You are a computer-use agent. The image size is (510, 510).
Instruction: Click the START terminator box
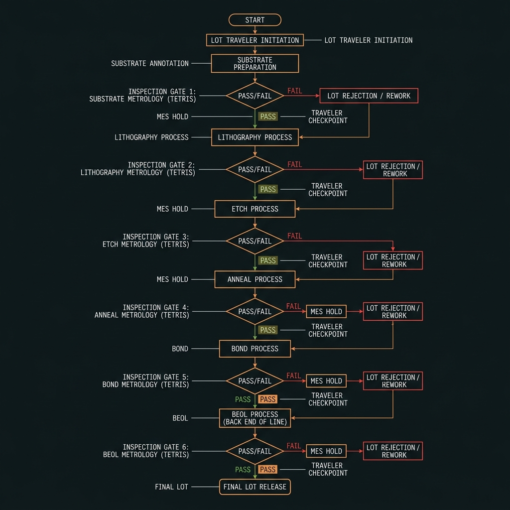click(255, 20)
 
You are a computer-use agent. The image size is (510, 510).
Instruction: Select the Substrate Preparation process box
click(255, 63)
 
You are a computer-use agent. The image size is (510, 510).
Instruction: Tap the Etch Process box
click(255, 209)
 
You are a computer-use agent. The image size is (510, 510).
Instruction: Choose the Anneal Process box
click(255, 279)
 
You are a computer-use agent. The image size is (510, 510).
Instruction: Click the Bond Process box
click(255, 349)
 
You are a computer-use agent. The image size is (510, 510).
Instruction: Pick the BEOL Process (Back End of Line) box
click(255, 418)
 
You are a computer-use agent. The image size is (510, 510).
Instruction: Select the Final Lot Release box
click(255, 487)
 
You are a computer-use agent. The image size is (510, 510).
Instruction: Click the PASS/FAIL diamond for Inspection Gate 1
click(255, 96)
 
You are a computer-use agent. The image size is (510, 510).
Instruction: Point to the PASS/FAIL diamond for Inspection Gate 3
click(255, 241)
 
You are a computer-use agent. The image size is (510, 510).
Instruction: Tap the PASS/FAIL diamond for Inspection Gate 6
click(255, 451)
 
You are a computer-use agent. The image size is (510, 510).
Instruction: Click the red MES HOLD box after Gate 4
click(326, 312)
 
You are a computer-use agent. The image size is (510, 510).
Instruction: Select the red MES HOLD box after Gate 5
click(326, 381)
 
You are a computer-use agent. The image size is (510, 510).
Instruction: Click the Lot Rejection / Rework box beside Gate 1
click(369, 96)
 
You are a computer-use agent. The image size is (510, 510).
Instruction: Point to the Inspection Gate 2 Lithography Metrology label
click(138, 169)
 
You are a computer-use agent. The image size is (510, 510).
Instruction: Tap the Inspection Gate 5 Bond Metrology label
click(146, 381)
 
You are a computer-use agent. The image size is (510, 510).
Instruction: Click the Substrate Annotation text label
click(150, 63)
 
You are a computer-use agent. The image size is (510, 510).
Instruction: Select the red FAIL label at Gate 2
click(295, 164)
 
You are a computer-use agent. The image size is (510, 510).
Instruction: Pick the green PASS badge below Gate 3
click(268, 260)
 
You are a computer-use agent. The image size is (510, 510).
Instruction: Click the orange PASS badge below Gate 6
click(267, 469)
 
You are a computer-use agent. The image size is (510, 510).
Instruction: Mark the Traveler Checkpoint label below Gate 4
click(328, 330)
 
